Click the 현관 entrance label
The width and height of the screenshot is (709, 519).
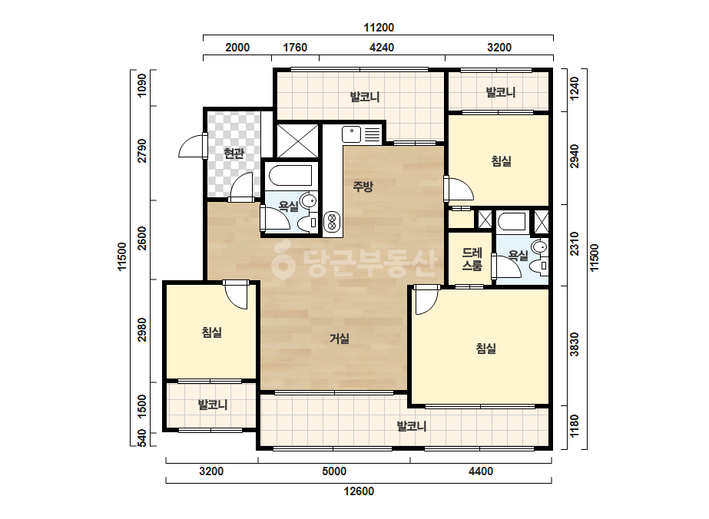(234, 154)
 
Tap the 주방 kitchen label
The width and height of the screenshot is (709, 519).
(363, 186)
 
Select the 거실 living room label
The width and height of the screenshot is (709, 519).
(339, 338)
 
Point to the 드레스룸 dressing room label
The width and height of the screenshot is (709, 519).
(472, 259)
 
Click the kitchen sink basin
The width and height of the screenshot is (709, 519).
(351, 134)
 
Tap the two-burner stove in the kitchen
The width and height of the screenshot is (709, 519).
(332, 222)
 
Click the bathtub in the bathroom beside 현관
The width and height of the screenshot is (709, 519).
(290, 176)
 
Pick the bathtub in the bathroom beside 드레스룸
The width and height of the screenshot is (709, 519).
(512, 222)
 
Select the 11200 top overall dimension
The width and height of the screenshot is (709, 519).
(379, 28)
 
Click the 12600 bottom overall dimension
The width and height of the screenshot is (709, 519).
(359, 491)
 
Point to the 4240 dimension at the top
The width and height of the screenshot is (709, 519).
(382, 48)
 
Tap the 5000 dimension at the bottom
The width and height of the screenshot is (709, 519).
(334, 471)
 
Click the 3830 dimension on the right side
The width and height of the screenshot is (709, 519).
(575, 345)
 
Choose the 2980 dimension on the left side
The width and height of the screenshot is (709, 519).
(142, 329)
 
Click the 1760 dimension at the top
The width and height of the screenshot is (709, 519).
(295, 48)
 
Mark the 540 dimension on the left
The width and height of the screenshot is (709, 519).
(141, 439)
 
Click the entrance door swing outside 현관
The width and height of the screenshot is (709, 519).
(190, 146)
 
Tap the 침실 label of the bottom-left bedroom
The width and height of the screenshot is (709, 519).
(211, 332)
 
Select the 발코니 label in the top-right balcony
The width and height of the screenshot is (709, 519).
(501, 93)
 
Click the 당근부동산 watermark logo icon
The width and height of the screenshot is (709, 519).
(283, 260)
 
